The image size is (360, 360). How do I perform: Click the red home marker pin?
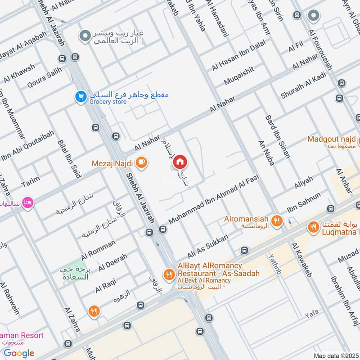pos(180,162)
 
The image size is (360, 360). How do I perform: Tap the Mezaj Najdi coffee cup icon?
pos(141,162)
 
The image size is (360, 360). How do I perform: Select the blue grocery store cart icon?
pos(81,97)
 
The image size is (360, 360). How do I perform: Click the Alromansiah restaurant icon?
pos(277,220)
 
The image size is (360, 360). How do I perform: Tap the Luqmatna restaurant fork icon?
pos(313,227)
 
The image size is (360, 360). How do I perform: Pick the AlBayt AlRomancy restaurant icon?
pos(169,274)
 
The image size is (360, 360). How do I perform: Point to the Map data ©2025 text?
pos(336,355)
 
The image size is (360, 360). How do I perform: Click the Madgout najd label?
pos(332,139)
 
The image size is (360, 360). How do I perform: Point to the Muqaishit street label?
pos(239,76)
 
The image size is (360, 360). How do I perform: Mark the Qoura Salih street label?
pos(44,78)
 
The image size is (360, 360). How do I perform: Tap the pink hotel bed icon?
pos(27,202)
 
